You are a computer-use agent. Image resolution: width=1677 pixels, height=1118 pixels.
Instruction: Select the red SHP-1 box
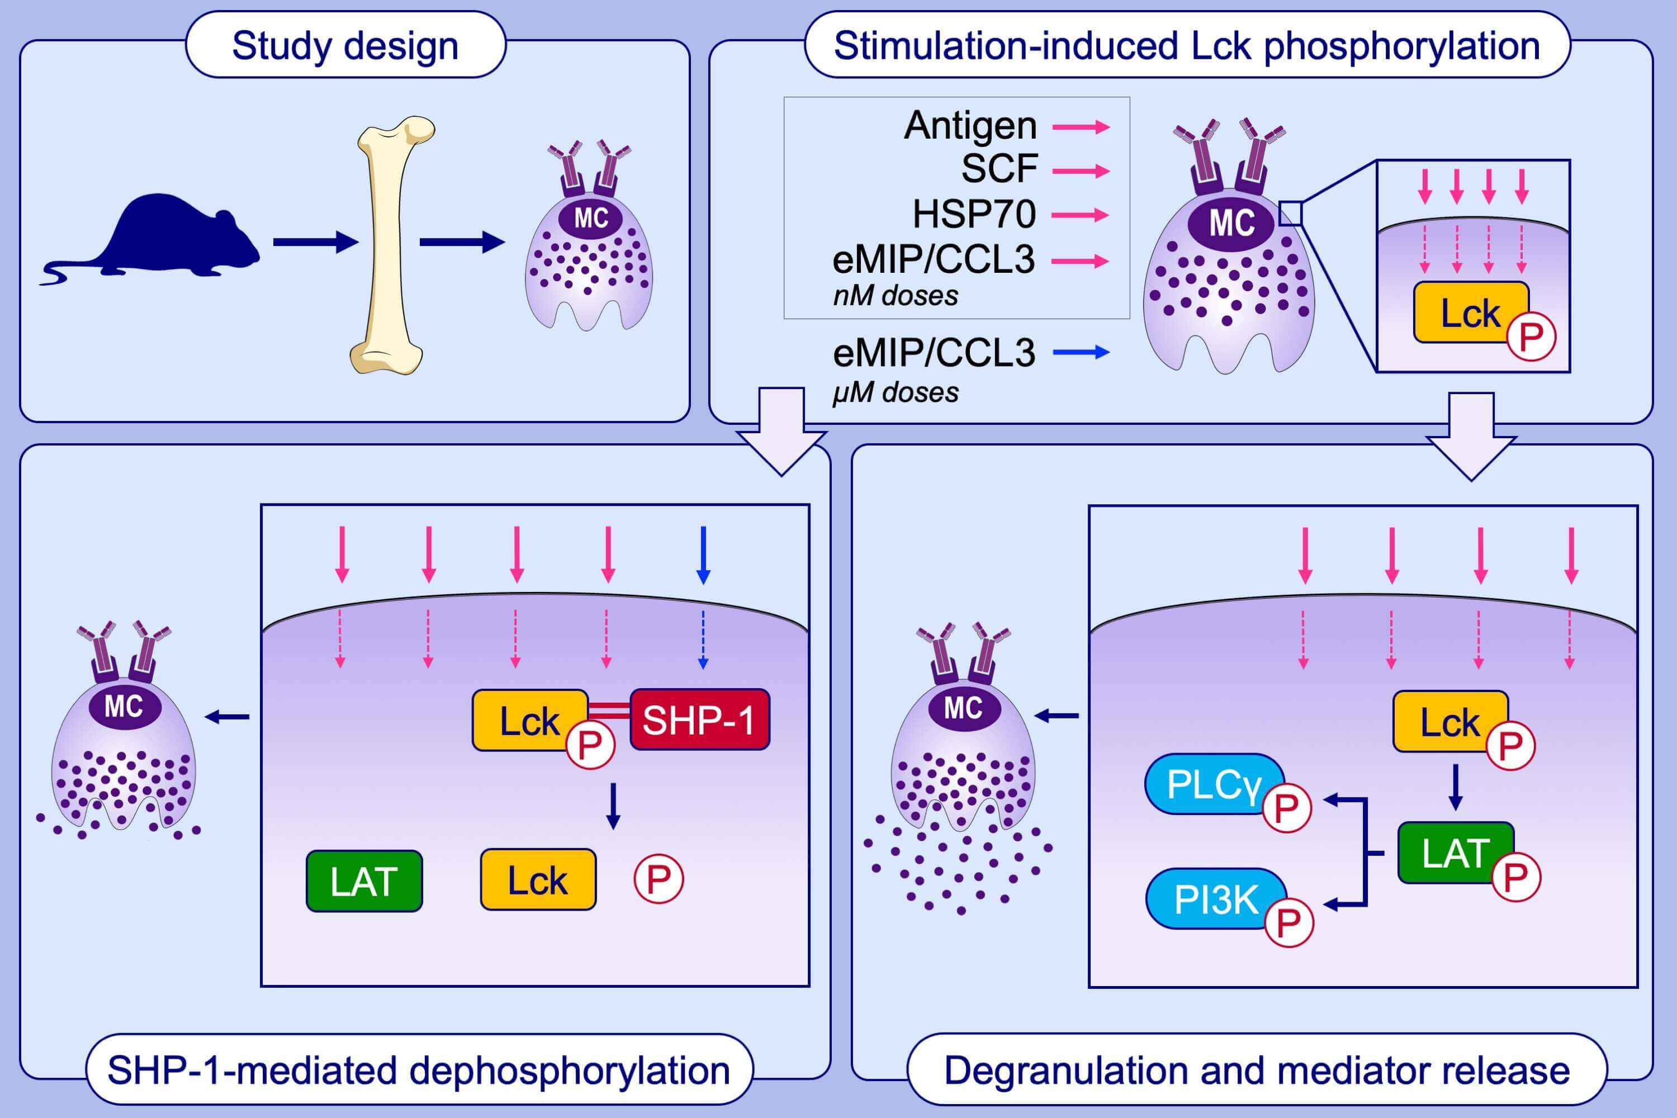(699, 719)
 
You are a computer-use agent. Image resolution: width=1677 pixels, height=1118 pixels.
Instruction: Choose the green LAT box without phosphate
(364, 882)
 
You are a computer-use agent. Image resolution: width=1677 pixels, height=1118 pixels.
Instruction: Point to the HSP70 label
(974, 214)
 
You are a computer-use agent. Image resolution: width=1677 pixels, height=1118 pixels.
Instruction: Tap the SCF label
(999, 169)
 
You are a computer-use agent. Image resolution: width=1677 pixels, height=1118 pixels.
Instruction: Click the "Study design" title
(345, 46)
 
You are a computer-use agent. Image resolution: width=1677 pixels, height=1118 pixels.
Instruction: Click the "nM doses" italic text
(896, 296)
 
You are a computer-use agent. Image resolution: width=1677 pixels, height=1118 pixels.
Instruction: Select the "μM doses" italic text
(896, 393)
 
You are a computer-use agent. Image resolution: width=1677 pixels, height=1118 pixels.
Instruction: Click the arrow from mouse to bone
(314, 243)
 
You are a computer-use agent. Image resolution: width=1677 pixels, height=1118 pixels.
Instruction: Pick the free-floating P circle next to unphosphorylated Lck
(658, 879)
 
